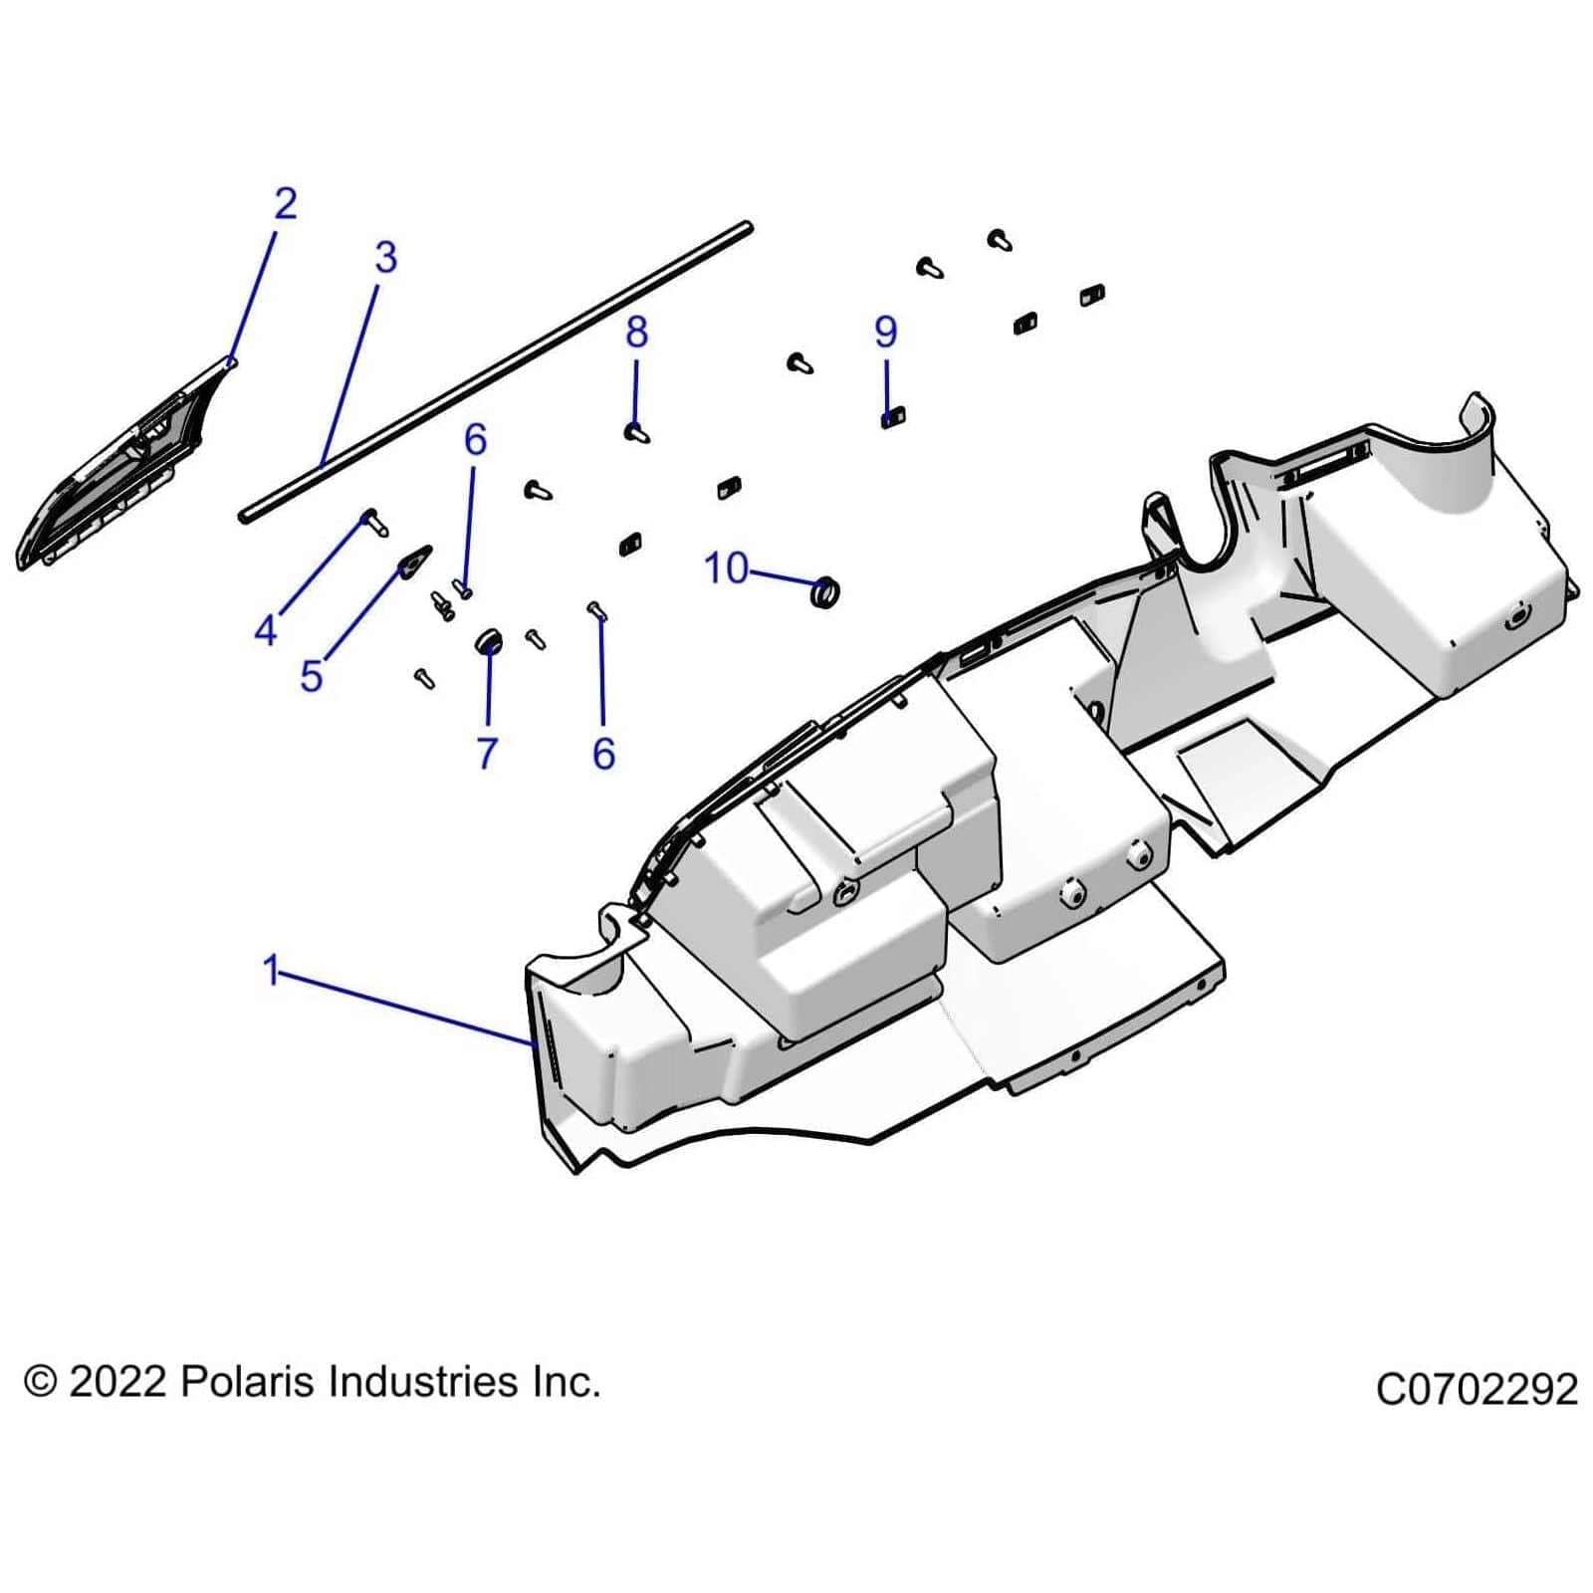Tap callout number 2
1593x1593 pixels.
(285, 204)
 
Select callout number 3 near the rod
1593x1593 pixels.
(385, 258)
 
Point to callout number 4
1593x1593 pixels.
(265, 629)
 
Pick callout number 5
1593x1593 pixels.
(312, 677)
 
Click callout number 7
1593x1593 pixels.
(487, 753)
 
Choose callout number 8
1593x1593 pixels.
(637, 332)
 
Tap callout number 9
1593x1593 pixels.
(885, 332)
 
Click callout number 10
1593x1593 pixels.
(726, 569)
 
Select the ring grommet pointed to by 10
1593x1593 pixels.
(825, 592)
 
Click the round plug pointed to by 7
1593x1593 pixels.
(488, 642)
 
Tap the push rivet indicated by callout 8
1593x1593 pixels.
(637, 433)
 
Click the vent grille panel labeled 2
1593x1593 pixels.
(124, 468)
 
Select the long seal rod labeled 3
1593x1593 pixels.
(498, 370)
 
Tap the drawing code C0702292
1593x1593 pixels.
(1477, 1389)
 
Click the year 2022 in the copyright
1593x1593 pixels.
(116, 1382)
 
